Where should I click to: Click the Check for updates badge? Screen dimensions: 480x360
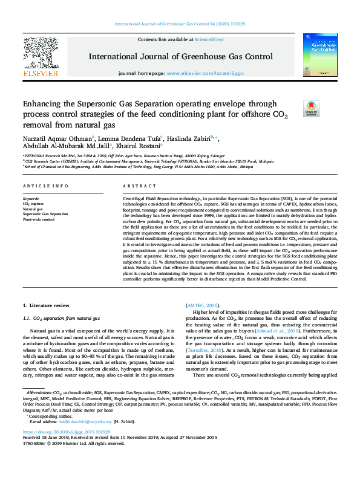(311, 108)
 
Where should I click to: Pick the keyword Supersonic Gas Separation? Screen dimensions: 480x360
(45, 214)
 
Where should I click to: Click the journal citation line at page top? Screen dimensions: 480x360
(180, 24)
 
